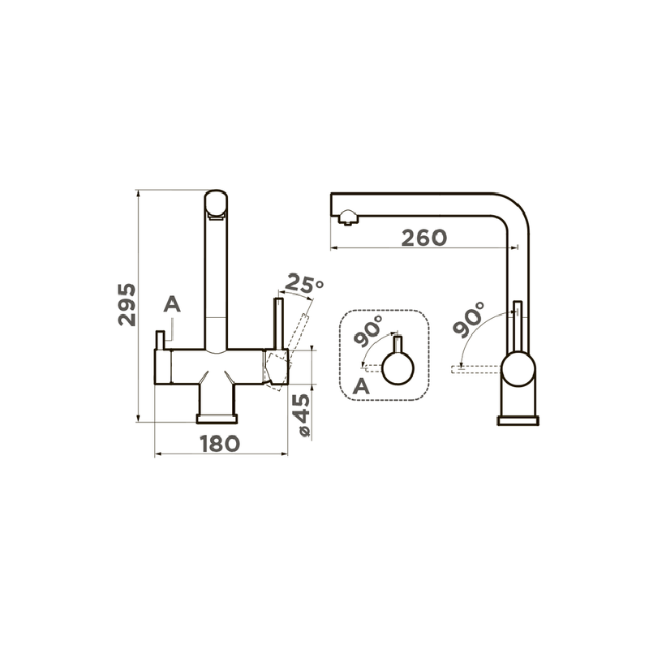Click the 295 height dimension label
[127, 305]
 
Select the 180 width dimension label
[220, 444]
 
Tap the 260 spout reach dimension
[424, 238]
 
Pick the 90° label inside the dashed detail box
[368, 331]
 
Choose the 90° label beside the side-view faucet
[468, 319]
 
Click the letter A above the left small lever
[172, 304]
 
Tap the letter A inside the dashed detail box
[361, 387]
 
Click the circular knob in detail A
[398, 369]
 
